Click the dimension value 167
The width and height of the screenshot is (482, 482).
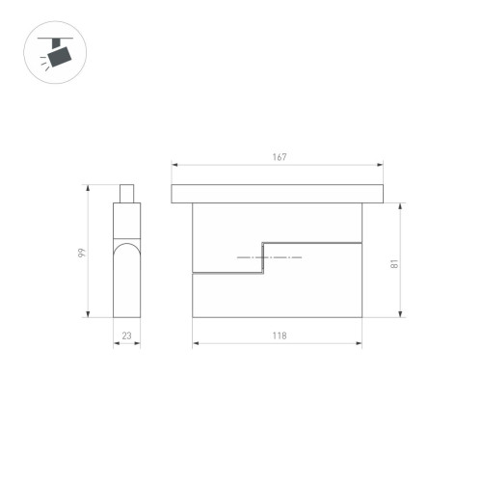coord(280,156)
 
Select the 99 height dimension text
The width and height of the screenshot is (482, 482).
coord(83,253)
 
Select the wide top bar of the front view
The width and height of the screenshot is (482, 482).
coord(280,194)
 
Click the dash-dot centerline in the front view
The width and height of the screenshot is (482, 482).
coord(269,259)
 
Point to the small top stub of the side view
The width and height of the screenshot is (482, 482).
coord(126,193)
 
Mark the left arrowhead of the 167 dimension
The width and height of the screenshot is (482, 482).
coord(174,165)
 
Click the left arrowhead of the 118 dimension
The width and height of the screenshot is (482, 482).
coord(196,344)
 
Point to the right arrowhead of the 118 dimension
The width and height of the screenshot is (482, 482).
coord(362,344)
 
